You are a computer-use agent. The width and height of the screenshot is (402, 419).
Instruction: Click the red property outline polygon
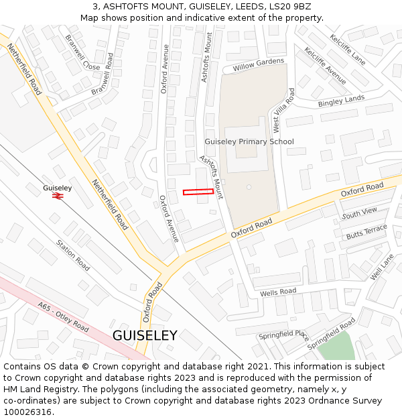click(x=198, y=192)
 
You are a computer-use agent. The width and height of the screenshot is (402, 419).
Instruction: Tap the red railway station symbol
click(x=58, y=196)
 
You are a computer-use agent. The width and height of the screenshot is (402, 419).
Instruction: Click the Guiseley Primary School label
click(x=249, y=142)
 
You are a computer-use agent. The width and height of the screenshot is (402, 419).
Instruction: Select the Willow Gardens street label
click(x=259, y=65)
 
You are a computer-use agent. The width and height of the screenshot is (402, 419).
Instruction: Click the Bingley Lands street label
click(x=342, y=101)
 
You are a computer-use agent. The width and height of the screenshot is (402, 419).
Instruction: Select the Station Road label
click(x=72, y=255)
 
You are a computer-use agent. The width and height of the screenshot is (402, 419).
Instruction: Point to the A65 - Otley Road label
click(x=63, y=317)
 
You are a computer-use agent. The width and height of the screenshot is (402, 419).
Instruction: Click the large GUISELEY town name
click(x=145, y=336)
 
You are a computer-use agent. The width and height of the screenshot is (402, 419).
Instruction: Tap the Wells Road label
click(x=278, y=292)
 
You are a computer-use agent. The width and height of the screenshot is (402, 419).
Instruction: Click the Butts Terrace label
click(x=366, y=232)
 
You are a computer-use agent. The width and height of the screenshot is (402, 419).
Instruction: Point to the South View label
click(x=360, y=213)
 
